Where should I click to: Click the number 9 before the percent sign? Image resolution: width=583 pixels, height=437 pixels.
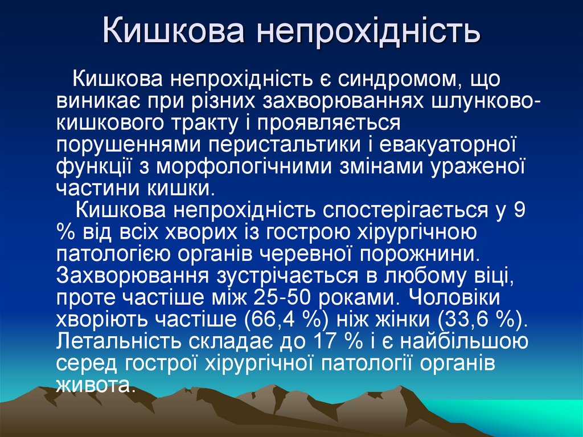coord(519,210)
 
